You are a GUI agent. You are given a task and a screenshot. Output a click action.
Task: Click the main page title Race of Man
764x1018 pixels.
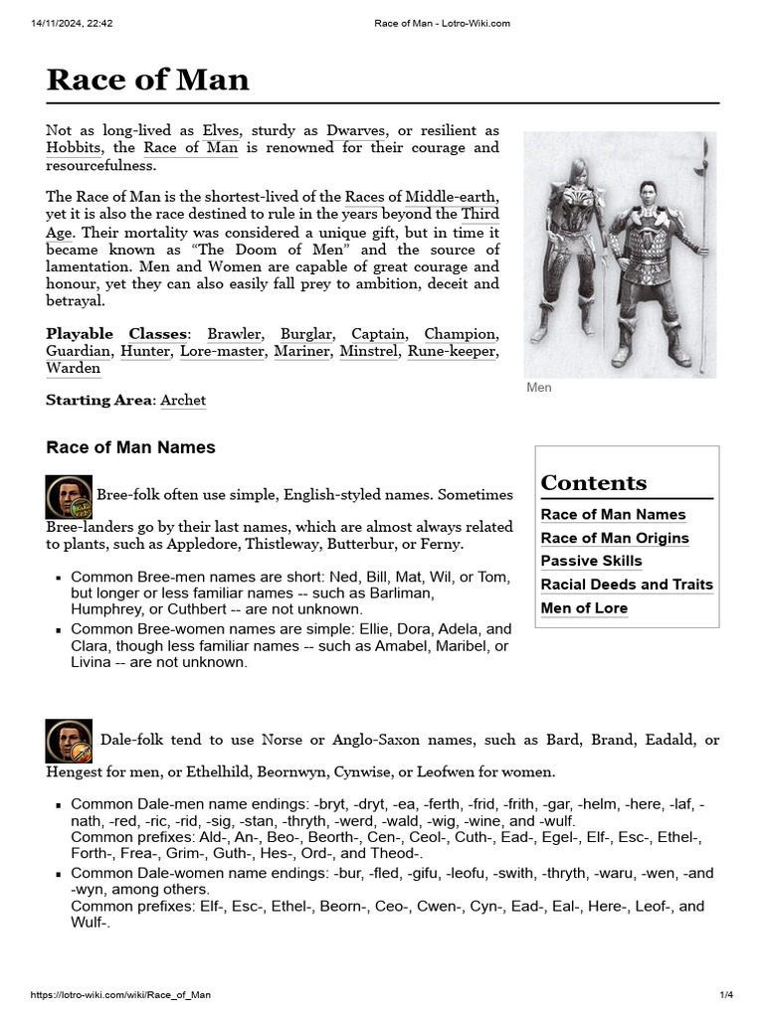coord(147,80)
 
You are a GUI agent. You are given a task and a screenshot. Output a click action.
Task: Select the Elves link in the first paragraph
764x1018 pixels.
coord(221,131)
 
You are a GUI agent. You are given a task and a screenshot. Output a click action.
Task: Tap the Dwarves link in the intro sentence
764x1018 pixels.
coord(355,131)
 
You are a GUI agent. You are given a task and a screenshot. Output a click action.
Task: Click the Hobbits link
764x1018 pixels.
coord(73,148)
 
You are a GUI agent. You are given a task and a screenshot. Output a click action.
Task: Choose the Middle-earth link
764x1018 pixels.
coord(452,197)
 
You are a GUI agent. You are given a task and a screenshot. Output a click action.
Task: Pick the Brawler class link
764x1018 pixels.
coord(235,334)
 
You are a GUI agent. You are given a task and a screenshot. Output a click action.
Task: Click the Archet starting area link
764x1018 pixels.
coord(183,401)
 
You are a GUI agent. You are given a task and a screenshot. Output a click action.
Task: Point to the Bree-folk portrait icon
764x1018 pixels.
coord(69,497)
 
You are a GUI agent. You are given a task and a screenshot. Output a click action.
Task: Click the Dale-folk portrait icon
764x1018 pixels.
coord(69,742)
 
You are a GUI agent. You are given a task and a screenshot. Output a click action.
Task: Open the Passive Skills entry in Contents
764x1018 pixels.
coord(591,561)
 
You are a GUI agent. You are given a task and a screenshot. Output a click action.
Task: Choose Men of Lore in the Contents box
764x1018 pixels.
coord(584,608)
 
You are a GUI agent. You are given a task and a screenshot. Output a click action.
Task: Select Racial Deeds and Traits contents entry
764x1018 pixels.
coord(627,585)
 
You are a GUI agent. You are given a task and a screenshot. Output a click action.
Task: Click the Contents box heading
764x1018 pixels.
coord(594,483)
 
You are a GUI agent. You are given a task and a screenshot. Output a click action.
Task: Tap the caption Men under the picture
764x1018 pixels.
coord(538,388)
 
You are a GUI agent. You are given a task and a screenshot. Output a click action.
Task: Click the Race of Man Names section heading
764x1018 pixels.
coord(130,447)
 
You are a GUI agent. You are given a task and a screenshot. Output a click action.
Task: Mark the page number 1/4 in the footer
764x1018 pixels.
coord(726,995)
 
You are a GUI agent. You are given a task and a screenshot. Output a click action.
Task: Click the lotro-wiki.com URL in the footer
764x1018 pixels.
coord(120,995)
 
